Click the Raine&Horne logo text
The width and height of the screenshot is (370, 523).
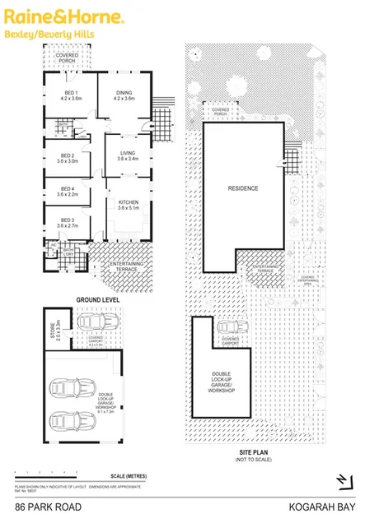click(64, 16)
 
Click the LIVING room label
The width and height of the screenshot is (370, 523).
click(128, 155)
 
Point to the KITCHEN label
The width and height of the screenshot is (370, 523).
click(128, 204)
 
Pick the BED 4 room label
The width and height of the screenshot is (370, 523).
click(68, 192)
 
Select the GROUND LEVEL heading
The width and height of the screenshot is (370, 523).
click(98, 299)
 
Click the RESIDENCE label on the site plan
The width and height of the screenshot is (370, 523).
click(243, 188)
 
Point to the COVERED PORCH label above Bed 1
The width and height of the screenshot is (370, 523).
click(68, 58)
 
